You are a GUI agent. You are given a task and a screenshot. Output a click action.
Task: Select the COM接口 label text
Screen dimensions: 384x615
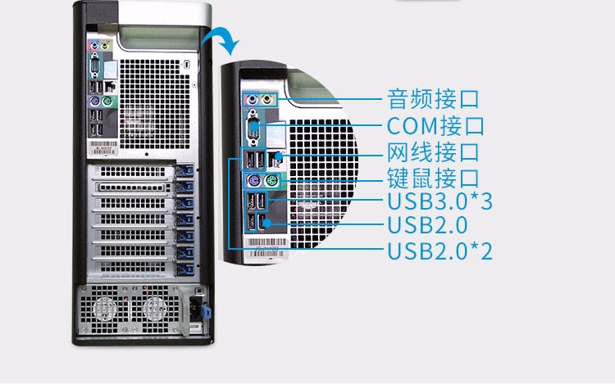[x=435, y=126]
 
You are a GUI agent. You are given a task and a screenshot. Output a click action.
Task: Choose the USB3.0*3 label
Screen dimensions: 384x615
[x=439, y=201]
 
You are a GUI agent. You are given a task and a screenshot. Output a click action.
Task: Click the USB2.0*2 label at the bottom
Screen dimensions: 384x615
[x=439, y=251]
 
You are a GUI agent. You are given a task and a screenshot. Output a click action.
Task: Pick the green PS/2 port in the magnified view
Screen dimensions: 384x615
[x=271, y=181]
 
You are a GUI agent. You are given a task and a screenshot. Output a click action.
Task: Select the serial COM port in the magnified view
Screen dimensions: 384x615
[x=253, y=129]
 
